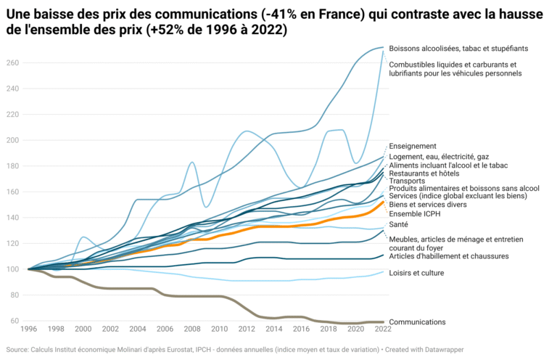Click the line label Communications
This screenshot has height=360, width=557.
[417, 322]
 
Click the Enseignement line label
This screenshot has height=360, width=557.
[412, 146]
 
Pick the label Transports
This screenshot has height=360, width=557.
[407, 181]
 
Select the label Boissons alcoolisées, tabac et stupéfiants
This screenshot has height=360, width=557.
[458, 49]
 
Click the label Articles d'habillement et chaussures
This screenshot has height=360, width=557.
[448, 255]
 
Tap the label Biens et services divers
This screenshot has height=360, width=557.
[428, 205]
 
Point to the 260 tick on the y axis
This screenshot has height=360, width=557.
[13, 63]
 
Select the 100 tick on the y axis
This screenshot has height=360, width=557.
[13, 269]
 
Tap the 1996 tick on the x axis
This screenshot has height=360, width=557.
[28, 329]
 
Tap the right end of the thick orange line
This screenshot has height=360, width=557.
[384, 202]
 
